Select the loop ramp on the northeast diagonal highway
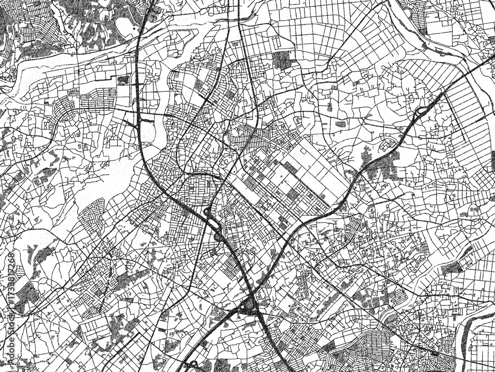[x=421, y=112]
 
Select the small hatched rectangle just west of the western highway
[x=123, y=79]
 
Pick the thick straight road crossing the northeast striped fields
[x=426, y=74]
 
